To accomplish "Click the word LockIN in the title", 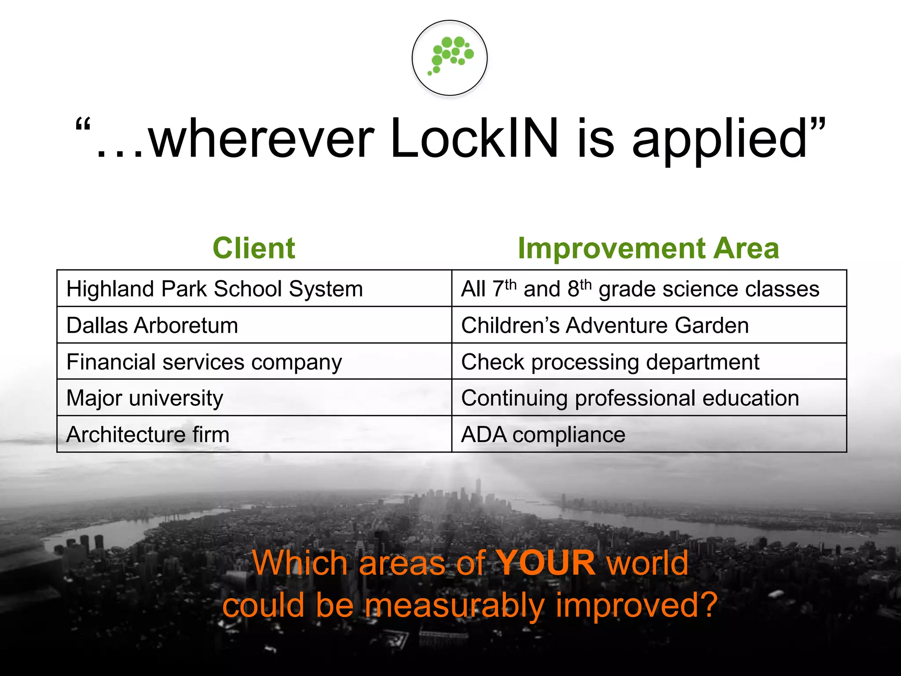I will (474, 139).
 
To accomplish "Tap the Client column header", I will (254, 248).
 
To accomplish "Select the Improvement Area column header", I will (648, 248).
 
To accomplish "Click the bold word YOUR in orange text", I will (546, 563).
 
